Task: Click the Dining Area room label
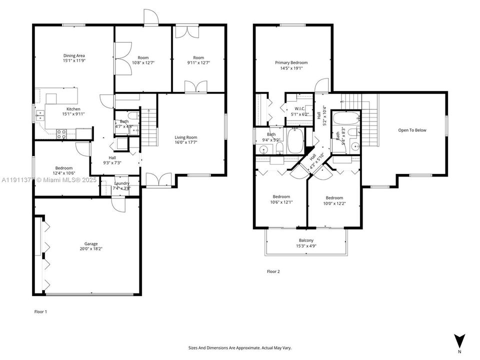tap(73, 55)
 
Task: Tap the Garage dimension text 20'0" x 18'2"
tap(91, 249)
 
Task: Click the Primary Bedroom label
tap(291, 63)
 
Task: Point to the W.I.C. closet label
tap(299, 108)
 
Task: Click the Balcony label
tap(306, 240)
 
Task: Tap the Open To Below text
tap(412, 130)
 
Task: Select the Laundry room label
tap(122, 183)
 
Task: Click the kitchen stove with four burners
tap(62, 133)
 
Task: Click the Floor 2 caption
tap(273, 271)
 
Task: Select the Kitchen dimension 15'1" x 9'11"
tap(73, 114)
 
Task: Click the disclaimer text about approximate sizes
tap(239, 347)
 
